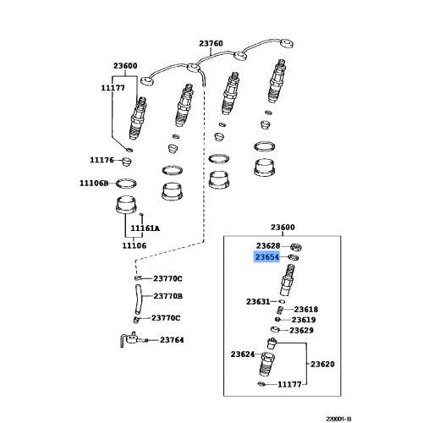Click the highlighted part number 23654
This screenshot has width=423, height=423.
[267, 257]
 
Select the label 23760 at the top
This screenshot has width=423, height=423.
[211, 43]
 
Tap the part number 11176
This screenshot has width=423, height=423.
[102, 160]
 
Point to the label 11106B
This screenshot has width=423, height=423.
[94, 184]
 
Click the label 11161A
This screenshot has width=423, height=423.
[145, 228]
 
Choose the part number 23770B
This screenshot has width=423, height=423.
[168, 296]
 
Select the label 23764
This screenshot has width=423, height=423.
[172, 340]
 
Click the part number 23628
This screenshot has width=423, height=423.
[268, 246]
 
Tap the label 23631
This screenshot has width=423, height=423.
[258, 302]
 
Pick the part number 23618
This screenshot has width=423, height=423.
[306, 310]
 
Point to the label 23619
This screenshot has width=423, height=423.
[304, 320]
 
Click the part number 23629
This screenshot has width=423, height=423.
[301, 330]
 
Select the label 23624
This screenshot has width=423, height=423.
[243, 354]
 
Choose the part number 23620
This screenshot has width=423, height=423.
[322, 364]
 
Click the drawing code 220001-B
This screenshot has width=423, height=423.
[338, 419]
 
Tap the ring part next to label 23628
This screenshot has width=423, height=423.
[296, 247]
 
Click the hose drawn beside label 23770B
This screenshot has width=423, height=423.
[138, 299]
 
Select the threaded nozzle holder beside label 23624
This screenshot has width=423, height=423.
[267, 365]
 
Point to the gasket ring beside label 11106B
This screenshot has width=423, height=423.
[126, 184]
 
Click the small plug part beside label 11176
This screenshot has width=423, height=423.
[126, 162]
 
